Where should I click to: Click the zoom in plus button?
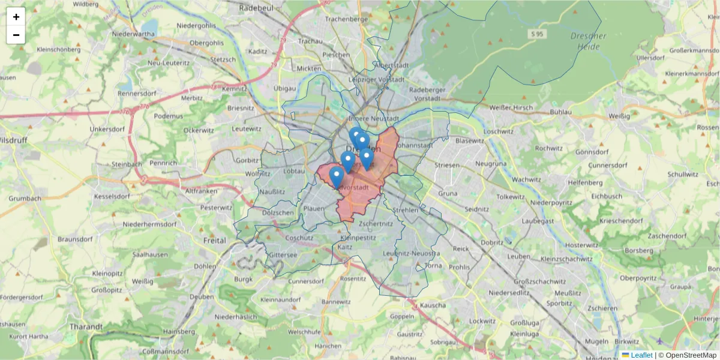(16, 17)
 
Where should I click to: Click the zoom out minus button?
(16, 35)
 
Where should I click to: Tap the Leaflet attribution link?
(641, 355)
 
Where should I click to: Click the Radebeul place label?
(256, 8)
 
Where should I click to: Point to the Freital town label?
(215, 241)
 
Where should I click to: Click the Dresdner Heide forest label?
(588, 40)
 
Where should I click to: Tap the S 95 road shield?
(536, 35)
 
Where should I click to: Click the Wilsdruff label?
(13, 140)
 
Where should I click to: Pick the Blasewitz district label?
(470, 140)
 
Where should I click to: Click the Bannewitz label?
(335, 302)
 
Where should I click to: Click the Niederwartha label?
(133, 34)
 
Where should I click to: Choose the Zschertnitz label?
(376, 223)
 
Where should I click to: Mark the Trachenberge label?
(346, 19)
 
